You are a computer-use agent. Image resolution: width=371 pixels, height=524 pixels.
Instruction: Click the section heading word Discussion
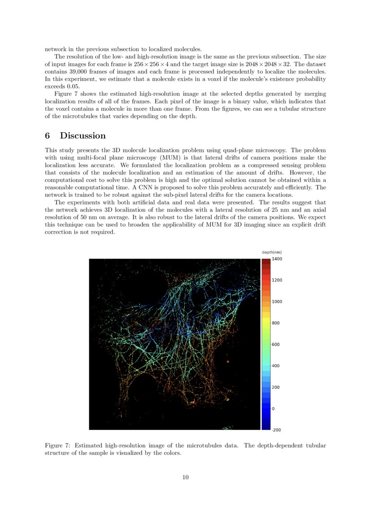coord(83,136)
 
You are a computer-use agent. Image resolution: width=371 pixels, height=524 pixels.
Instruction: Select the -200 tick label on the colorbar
coord(277,430)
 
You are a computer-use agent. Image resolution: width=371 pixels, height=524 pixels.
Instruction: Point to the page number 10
coord(185,477)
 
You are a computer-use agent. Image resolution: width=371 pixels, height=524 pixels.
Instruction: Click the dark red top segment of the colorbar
coord(266,261)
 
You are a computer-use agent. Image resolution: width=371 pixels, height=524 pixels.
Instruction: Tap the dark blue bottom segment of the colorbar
coord(266,426)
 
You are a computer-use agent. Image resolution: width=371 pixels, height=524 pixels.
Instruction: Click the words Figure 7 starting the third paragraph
coord(66,94)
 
